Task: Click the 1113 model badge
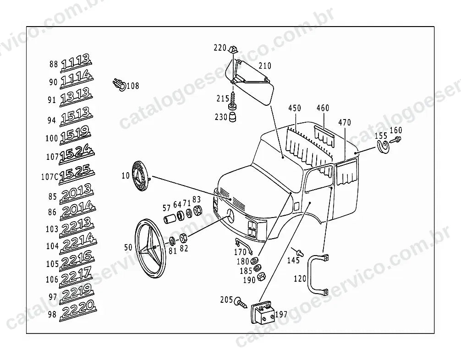[76, 63]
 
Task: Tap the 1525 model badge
[77, 174]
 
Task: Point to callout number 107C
[49, 177]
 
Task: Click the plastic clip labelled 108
[119, 84]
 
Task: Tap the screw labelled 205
[241, 302]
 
